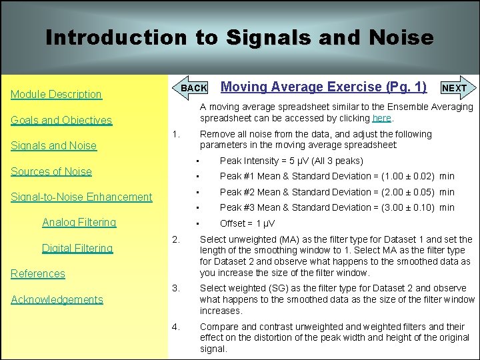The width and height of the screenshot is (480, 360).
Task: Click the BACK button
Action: coord(193,88)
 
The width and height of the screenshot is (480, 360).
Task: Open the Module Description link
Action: coord(56,95)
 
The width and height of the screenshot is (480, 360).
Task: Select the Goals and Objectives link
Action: coord(61,121)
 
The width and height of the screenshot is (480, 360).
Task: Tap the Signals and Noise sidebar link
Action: coord(53,146)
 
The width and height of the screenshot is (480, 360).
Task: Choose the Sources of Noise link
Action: coord(51,171)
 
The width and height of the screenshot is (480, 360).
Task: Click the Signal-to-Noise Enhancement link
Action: coord(81,197)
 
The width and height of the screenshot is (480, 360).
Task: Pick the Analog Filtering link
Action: coord(79,223)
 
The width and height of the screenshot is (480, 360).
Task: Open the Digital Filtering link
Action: coord(77,249)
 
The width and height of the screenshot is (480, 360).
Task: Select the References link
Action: coord(38,274)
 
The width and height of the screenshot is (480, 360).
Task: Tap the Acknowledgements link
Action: coord(57,300)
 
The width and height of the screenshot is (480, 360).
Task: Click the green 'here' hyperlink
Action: coord(381,119)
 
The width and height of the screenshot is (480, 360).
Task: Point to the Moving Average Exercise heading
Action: coord(323,87)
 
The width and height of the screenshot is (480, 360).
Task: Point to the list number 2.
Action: coord(175,239)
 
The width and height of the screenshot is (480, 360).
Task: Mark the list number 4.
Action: coord(175,327)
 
